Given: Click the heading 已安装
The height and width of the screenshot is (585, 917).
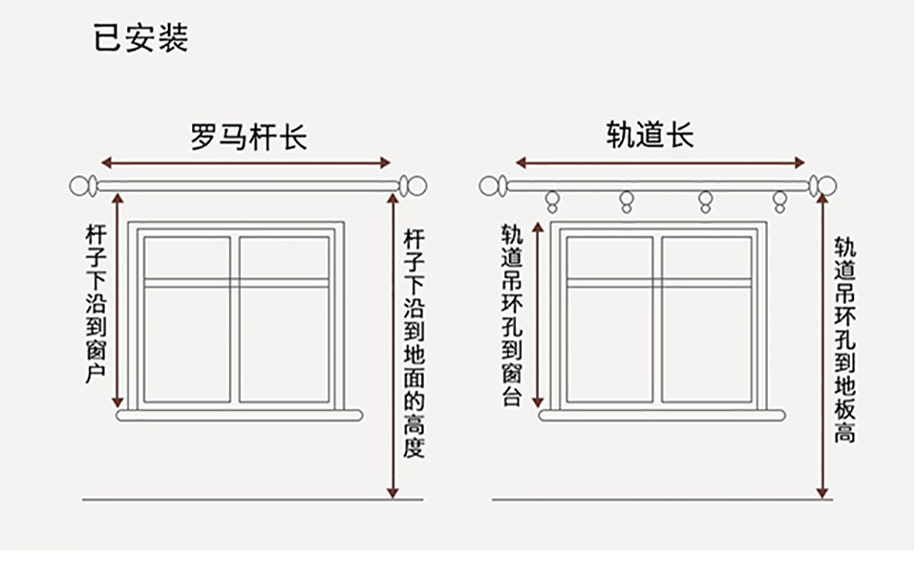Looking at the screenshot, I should point(140,37).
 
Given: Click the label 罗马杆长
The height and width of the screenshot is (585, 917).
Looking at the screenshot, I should point(247,137).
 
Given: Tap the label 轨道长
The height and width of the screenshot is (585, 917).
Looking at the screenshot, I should point(650,135).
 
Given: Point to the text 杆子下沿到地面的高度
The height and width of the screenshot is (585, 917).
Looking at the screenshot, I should point(414,341).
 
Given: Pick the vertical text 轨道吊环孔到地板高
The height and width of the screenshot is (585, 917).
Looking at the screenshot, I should point(844,339).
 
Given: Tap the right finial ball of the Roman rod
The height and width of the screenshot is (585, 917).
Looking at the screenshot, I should point(412,185).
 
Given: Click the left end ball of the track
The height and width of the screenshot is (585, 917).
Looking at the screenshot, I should point(491,185).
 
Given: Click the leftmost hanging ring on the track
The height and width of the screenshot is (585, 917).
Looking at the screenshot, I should point(551,201).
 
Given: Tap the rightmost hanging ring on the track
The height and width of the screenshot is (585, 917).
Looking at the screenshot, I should point(780,201).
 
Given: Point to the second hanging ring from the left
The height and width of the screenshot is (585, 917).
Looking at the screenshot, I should point(627,201).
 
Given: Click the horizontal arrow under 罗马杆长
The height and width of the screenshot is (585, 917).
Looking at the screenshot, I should point(246,162).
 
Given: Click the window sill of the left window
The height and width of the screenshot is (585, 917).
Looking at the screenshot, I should point(240,416).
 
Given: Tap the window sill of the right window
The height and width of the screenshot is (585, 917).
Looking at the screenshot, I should point(661,416).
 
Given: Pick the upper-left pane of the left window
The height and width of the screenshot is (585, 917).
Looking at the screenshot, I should point(187,257).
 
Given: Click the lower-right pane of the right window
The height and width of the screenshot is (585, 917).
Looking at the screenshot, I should point(707,343).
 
